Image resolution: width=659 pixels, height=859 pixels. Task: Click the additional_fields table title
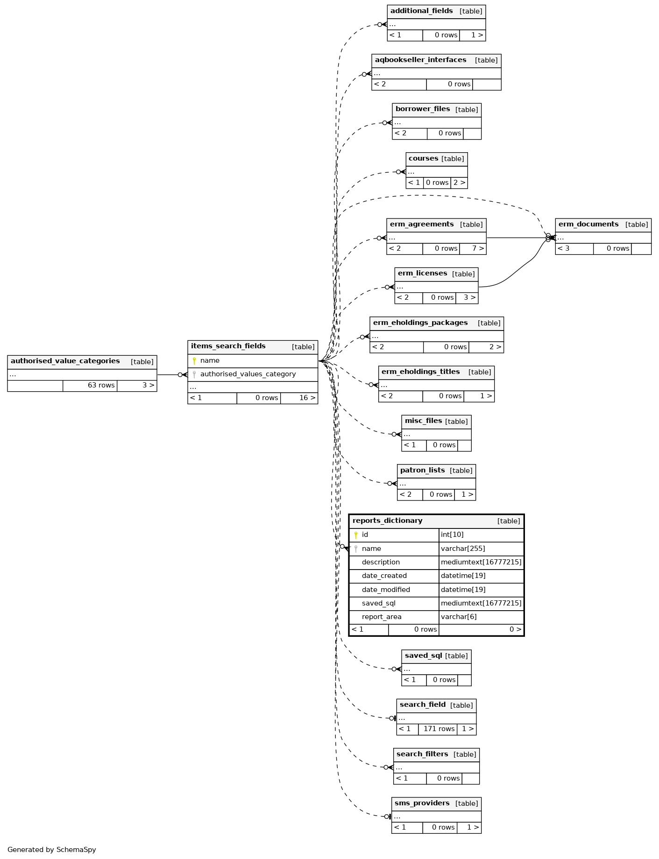coord(421,11)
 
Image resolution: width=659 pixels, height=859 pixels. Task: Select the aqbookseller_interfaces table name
coord(420,60)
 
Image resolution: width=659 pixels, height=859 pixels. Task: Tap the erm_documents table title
coord(588,224)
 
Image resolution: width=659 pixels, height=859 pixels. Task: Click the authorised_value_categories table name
coord(65,361)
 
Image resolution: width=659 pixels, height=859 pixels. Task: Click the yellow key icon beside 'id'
coord(356,535)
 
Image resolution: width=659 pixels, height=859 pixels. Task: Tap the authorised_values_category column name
coord(248,374)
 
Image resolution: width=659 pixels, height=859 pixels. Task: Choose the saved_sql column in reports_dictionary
coord(378,603)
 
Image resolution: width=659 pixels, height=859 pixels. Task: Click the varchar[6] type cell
coord(459,617)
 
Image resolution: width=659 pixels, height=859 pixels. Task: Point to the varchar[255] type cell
coord(463,549)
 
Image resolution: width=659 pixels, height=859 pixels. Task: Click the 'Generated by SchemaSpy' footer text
coord(51,850)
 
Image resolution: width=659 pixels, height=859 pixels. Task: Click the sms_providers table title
coord(422,803)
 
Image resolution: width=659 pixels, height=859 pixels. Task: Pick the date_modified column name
coord(386,590)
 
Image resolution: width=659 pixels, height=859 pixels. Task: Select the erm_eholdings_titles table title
coord(420,372)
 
